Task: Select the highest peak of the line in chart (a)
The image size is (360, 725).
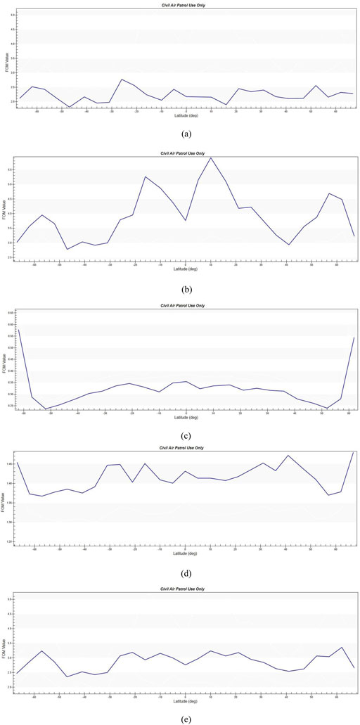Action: (x=122, y=79)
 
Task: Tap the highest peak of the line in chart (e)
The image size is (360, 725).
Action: (x=341, y=647)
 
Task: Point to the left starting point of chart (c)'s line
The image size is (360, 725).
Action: (x=19, y=329)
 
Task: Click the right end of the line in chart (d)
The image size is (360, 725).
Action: (x=353, y=452)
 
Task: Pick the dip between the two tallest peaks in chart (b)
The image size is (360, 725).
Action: (x=186, y=220)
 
